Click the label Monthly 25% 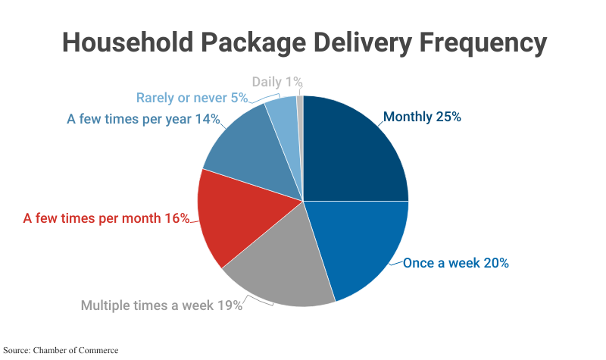422,117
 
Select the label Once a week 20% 455,263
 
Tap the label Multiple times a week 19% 161,306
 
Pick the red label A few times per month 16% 106,218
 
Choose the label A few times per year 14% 143,119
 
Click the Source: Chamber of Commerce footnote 60,350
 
